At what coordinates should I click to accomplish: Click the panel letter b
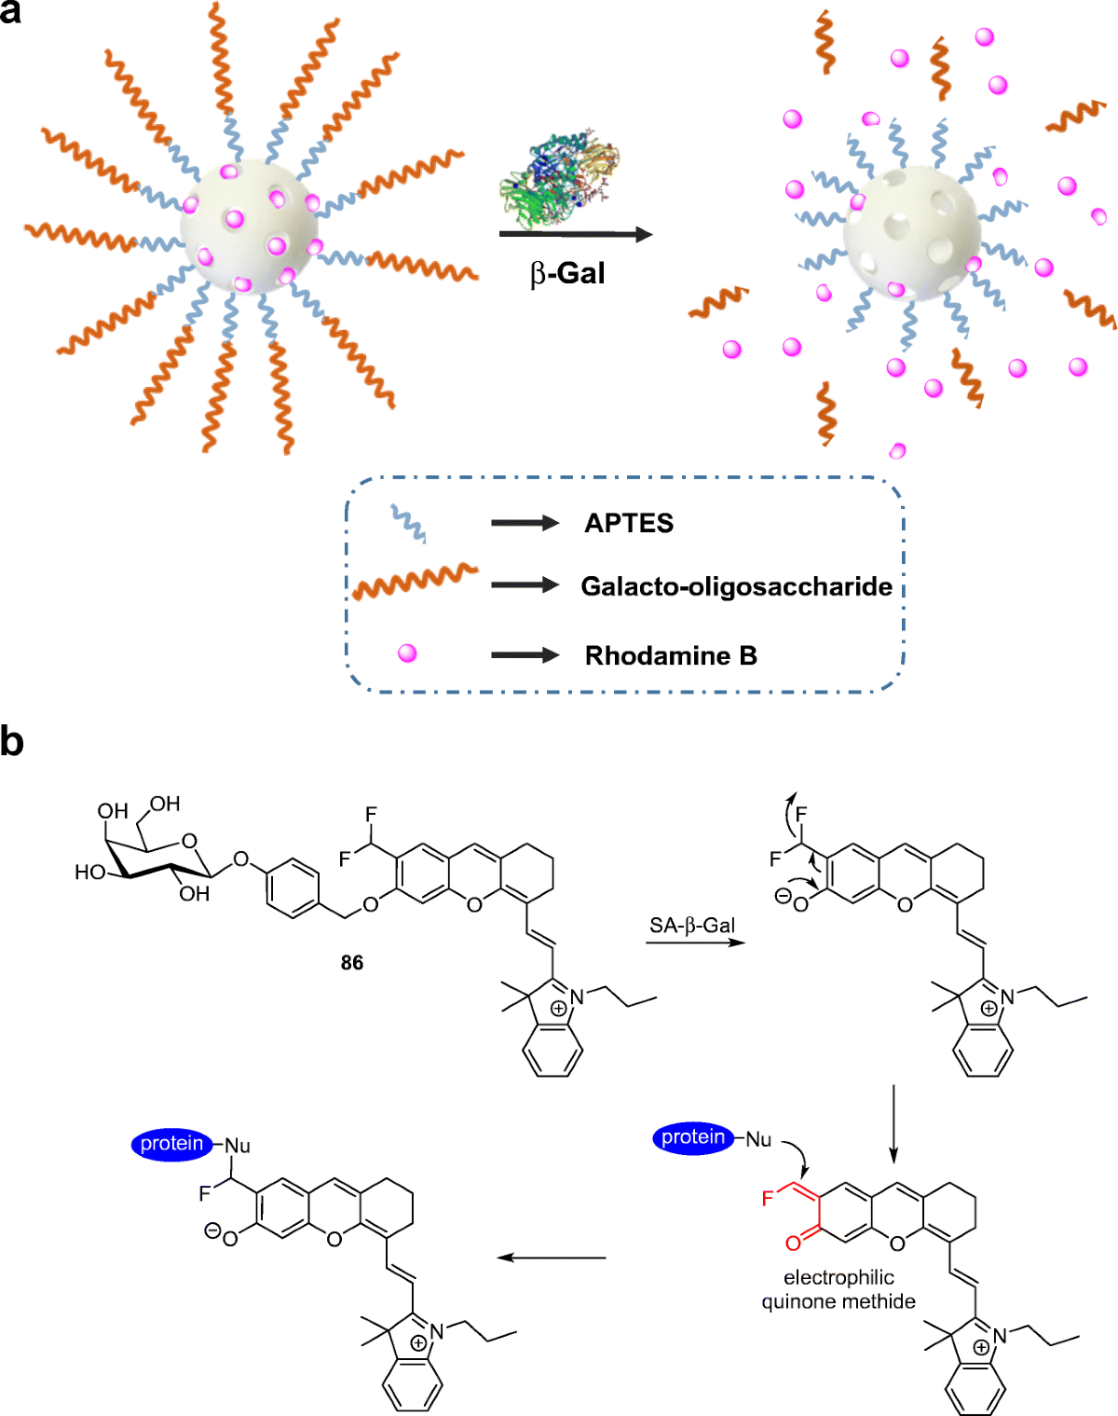[x=12, y=742]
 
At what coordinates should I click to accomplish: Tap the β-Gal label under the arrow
[x=567, y=273]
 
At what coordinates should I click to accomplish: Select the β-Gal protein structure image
[x=559, y=177]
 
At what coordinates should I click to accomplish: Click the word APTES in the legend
[x=629, y=523]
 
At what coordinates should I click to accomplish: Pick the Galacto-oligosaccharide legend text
[x=736, y=586]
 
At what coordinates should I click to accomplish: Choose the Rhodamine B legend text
[x=671, y=655]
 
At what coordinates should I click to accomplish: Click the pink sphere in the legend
[x=407, y=653]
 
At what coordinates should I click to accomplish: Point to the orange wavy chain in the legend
[x=415, y=582]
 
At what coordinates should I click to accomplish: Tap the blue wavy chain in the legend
[x=408, y=523]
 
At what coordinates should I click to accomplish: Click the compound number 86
[x=352, y=963]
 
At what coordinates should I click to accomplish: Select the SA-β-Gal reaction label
[x=692, y=926]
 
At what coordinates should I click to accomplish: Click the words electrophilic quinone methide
[x=838, y=1289]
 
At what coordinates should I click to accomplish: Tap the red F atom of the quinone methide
[x=768, y=1198]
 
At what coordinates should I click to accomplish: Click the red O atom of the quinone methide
[x=793, y=1243]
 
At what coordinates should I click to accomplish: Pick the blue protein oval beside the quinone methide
[x=693, y=1137]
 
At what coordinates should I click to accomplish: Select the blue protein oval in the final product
[x=172, y=1144]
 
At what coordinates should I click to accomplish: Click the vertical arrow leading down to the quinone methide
[x=893, y=1122]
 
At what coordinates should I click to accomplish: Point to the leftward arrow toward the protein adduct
[x=552, y=1258]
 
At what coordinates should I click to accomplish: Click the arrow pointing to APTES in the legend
[x=525, y=523]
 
